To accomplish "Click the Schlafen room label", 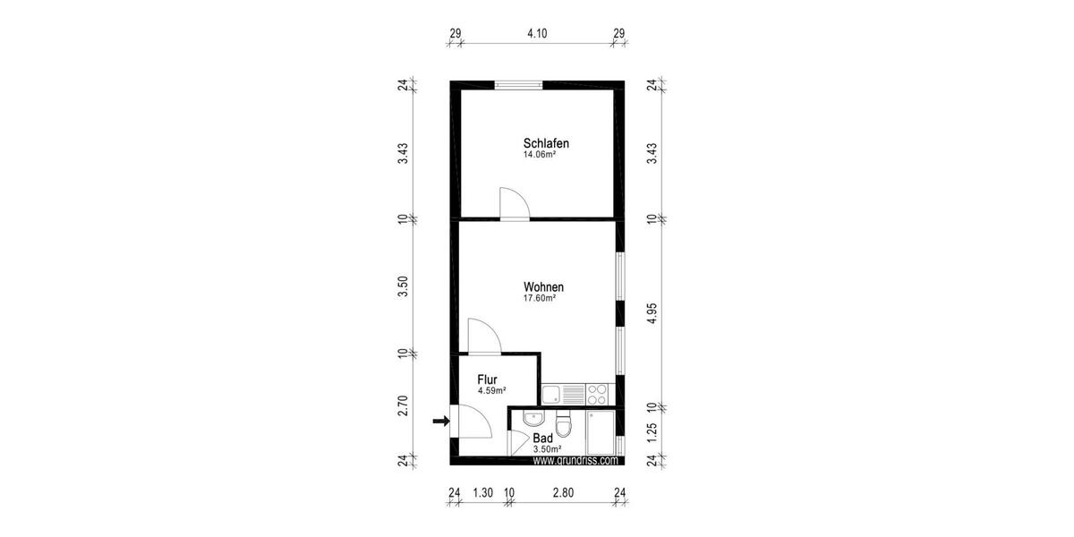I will tap(546, 143).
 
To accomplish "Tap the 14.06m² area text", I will tap(540, 155).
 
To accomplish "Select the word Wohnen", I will tap(544, 287).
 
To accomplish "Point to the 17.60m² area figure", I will tap(540, 299).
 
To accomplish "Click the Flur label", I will tap(487, 379).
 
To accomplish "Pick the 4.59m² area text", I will tap(492, 391).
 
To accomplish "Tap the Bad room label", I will tap(542, 439).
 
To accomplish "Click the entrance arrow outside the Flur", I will tap(439, 421).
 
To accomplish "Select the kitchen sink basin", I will tap(551, 392).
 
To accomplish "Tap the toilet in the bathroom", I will tap(563, 424).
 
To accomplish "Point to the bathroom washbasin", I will tap(533, 417).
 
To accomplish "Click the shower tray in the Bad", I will tap(601, 432).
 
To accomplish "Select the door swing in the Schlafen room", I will tap(513, 203).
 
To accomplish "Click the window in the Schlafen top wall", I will tap(519, 85).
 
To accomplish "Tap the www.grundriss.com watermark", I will tap(575, 461).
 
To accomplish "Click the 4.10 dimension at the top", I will tap(537, 34).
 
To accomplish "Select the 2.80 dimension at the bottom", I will tap(563, 491).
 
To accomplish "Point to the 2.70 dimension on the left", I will tap(404, 405).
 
